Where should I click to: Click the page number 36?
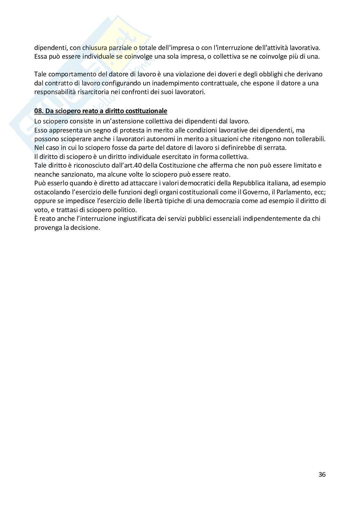[322, 475]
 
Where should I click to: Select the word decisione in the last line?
[86, 227]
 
